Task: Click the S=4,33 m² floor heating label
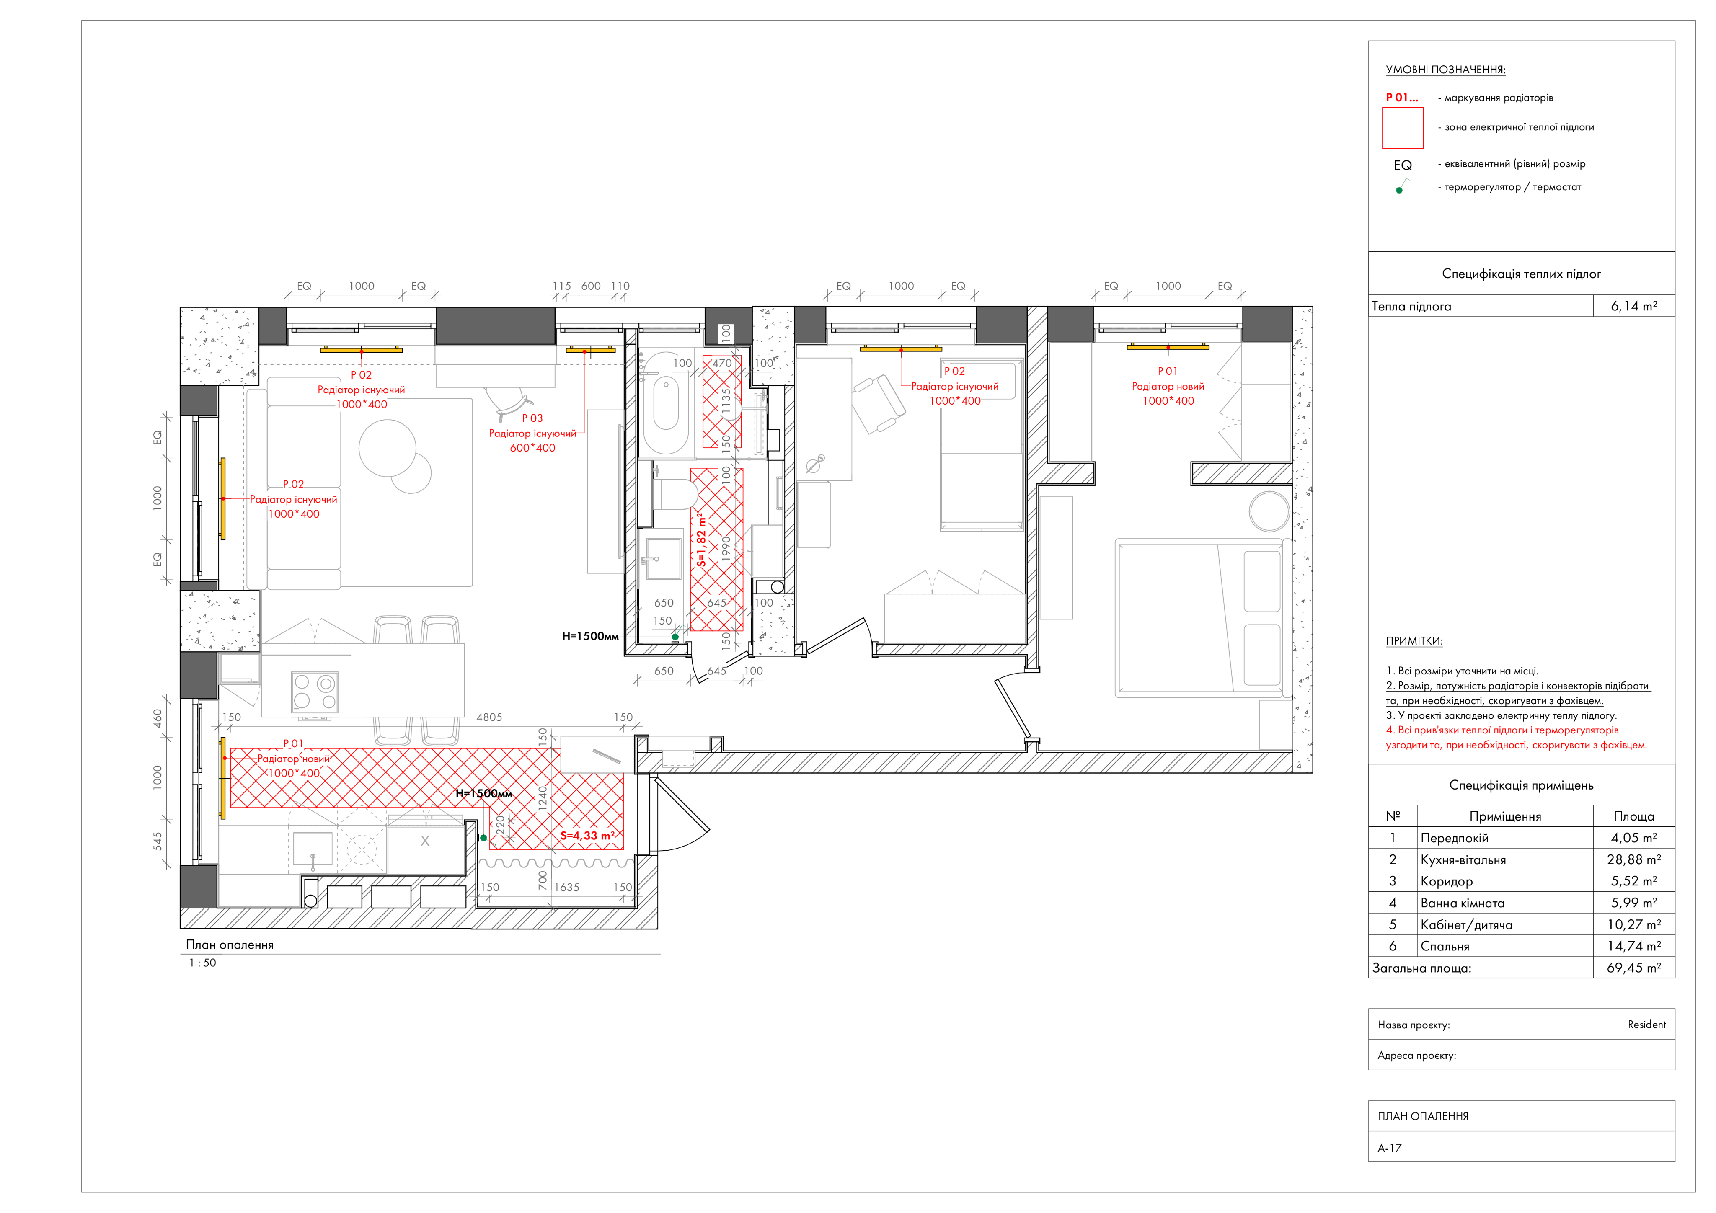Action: tap(587, 836)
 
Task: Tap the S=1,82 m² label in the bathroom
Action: tap(701, 538)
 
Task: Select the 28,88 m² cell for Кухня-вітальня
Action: tap(1634, 859)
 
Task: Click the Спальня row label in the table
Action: tap(1445, 946)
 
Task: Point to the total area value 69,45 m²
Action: tap(1634, 968)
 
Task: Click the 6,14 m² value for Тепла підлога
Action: tap(1634, 306)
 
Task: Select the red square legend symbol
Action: tap(1402, 128)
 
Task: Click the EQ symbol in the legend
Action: tap(1402, 165)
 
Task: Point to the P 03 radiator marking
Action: tap(532, 418)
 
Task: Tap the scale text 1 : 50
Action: tap(202, 963)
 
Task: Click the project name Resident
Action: tap(1646, 1025)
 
